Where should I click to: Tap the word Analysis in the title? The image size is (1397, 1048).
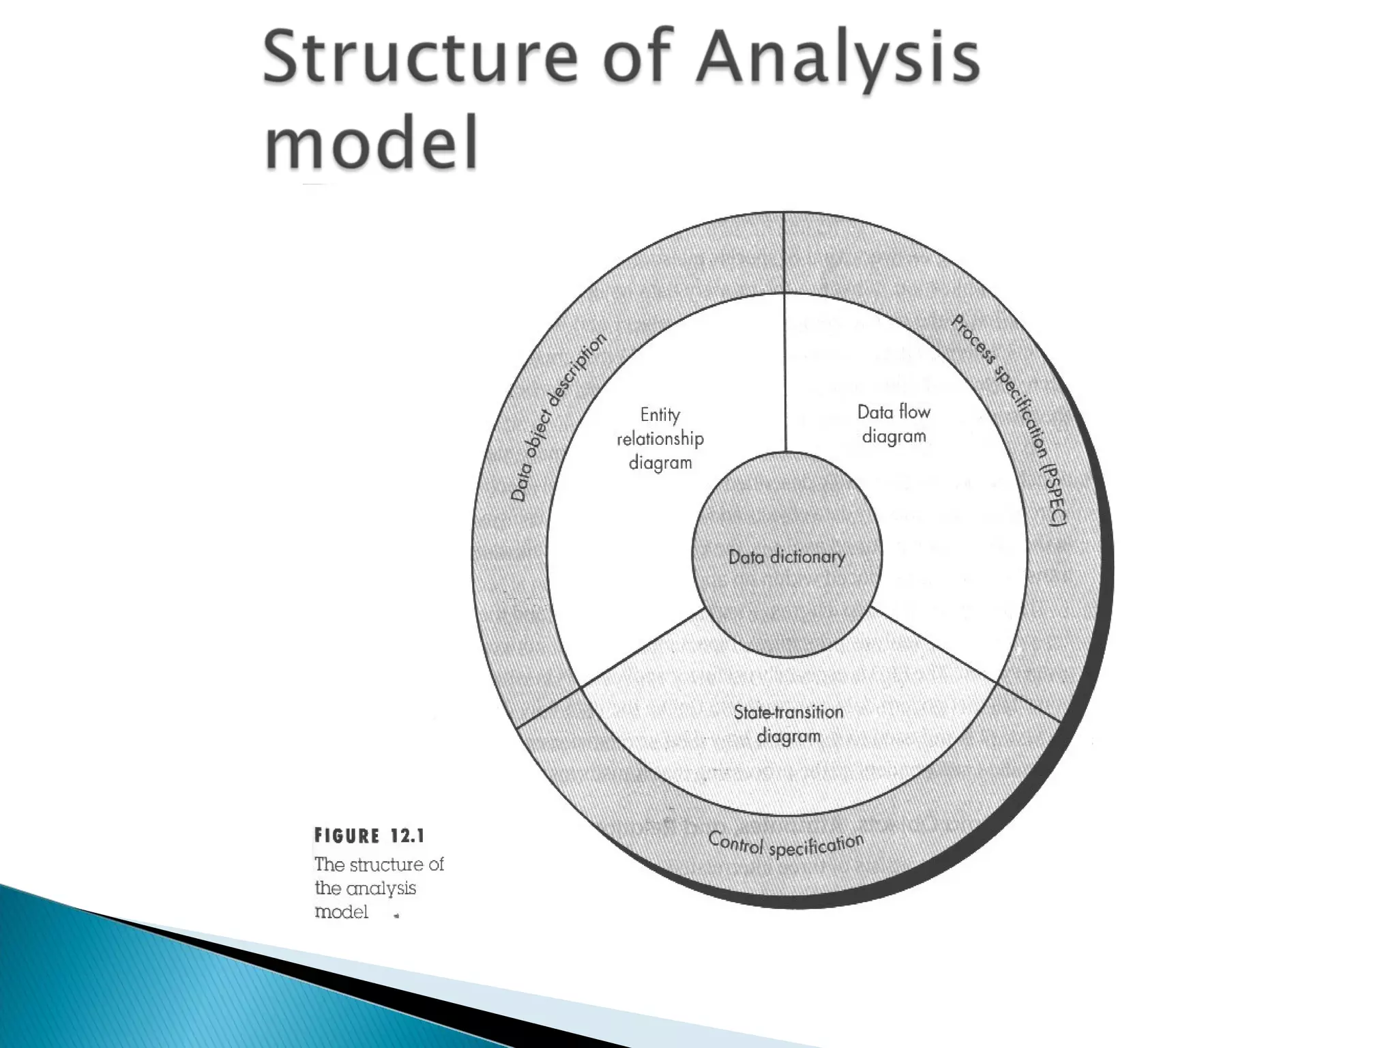[x=836, y=60]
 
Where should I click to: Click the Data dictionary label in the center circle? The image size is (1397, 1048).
[x=786, y=557]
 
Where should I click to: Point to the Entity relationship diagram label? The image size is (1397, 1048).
[x=660, y=439]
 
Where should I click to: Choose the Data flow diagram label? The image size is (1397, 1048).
[x=894, y=424]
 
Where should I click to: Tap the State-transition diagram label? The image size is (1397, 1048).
[x=789, y=724]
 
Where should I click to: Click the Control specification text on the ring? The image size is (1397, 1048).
[x=786, y=845]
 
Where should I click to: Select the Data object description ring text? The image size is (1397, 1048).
[x=558, y=417]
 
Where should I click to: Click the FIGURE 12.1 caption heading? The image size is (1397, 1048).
[x=369, y=836]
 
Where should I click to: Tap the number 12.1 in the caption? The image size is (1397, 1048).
[x=408, y=836]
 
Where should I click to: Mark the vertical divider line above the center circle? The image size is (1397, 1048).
[x=785, y=372]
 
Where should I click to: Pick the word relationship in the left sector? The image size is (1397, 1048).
[x=660, y=439]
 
